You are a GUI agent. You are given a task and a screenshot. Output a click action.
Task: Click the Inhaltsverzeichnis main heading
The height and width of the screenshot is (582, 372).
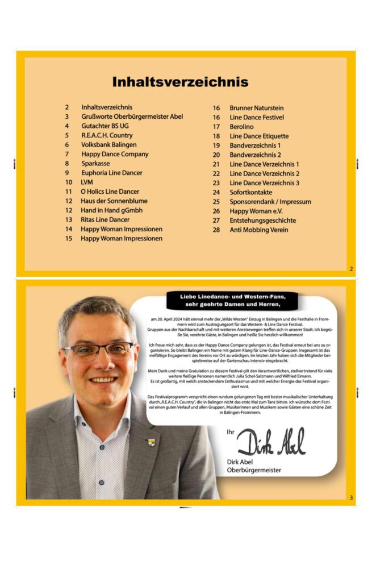pos(180,81)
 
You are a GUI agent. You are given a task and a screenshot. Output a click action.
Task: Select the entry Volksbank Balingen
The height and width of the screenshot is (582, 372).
pos(108,145)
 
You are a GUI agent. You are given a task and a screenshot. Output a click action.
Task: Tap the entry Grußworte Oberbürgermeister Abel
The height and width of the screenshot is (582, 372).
pos(132,117)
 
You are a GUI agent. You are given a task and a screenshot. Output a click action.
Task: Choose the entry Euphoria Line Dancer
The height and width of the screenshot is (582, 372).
pos(111,173)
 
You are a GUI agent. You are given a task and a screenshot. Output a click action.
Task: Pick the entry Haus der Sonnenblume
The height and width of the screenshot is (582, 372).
pos(114,201)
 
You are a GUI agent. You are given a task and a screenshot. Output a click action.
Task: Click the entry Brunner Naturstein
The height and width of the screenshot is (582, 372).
pos(256,108)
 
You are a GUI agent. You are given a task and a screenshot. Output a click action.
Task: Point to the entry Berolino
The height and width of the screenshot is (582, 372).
pos(241,127)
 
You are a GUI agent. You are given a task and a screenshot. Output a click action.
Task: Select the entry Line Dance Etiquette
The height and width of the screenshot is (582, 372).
pos(259,136)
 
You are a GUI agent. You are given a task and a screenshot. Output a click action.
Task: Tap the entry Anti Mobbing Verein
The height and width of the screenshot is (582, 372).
pos(258,230)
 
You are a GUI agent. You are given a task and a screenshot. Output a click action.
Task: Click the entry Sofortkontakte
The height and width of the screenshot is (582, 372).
pos(250,192)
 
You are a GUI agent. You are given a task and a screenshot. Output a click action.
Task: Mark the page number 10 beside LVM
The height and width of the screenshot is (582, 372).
pos(69,182)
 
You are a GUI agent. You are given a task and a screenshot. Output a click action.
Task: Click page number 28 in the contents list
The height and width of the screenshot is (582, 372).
pos(216,230)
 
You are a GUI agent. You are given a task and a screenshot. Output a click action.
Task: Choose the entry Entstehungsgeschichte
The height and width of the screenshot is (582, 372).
pos(262,221)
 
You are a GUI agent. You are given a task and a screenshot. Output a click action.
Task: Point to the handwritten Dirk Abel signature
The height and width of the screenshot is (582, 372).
pos(270,442)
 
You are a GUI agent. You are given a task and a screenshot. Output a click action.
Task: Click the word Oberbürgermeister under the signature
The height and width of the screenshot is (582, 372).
pos(254,470)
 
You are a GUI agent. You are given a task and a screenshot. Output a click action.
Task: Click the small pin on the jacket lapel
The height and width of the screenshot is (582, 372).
pos(151,442)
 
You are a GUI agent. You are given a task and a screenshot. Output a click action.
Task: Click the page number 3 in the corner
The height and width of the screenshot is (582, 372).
pos(351,498)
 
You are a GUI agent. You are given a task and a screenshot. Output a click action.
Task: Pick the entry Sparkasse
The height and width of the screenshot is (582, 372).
pos(95,164)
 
